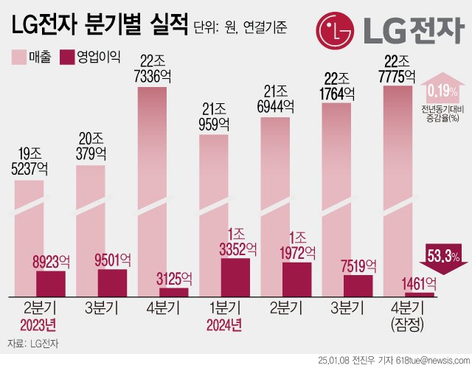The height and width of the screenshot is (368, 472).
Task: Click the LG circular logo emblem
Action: tap(336, 29)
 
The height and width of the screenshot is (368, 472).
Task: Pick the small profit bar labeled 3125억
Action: tap(173, 291)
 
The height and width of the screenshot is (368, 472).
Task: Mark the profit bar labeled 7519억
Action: tap(358, 285)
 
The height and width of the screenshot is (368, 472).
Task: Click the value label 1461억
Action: tap(419, 283)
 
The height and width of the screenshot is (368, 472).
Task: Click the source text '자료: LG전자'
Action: tap(33, 343)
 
